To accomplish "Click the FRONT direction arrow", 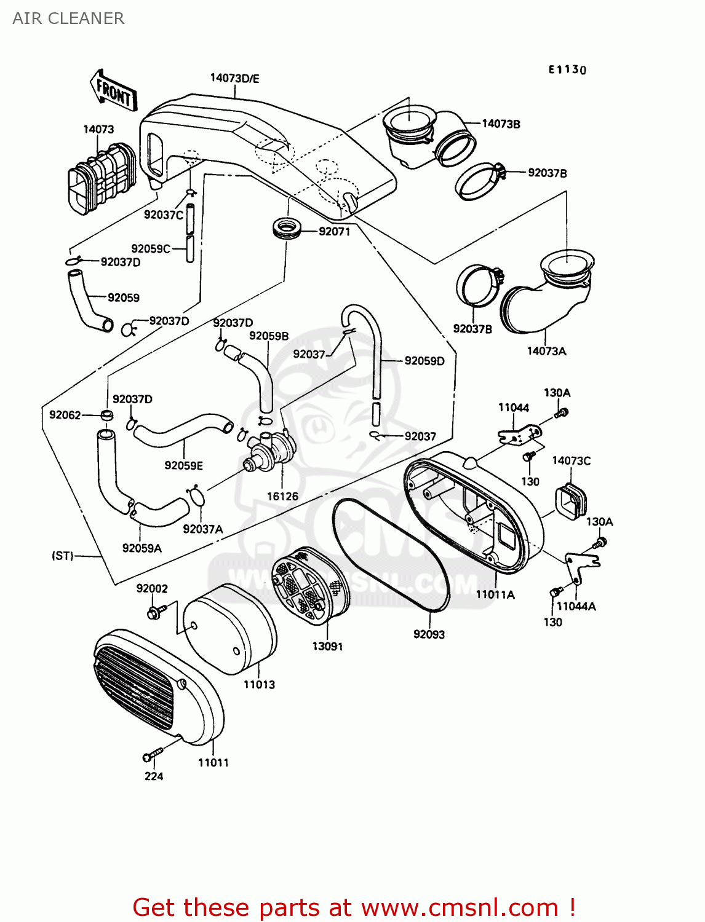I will pyautogui.click(x=114, y=90).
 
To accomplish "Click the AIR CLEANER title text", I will pyautogui.click(x=68, y=18).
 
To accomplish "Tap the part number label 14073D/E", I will pyautogui.click(x=234, y=78).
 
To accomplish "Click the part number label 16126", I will pyautogui.click(x=282, y=496).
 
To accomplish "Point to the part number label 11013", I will pyautogui.click(x=259, y=684).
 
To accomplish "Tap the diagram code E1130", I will pyautogui.click(x=567, y=69).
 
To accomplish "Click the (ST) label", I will pyautogui.click(x=63, y=556).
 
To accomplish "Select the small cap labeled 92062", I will pyautogui.click(x=106, y=416).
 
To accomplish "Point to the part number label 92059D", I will pyautogui.click(x=424, y=361).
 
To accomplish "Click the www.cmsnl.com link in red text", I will pyautogui.click(x=459, y=907).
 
